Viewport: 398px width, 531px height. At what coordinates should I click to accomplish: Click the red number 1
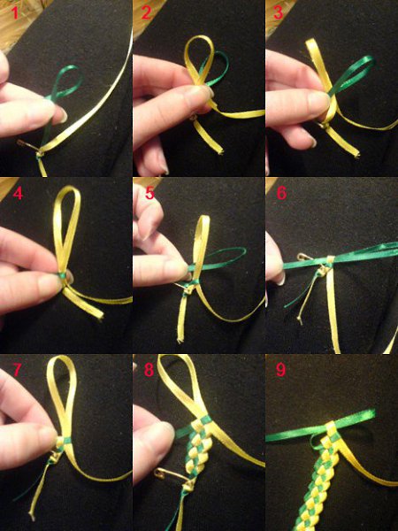click(x=14, y=12)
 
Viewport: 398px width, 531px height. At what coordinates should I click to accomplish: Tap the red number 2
click(x=146, y=13)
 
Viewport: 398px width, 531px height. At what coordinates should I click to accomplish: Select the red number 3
click(x=279, y=12)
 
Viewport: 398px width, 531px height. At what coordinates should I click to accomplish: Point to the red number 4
click(x=18, y=193)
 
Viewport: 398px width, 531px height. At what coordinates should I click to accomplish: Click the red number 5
click(x=149, y=193)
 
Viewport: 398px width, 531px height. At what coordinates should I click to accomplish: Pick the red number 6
click(x=281, y=193)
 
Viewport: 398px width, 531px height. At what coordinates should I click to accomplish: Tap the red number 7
click(x=18, y=370)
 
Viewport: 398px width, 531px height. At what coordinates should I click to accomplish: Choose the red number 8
click(x=149, y=370)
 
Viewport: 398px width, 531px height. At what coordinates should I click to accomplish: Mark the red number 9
click(x=281, y=369)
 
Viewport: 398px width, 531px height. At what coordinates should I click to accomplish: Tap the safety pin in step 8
click(x=171, y=474)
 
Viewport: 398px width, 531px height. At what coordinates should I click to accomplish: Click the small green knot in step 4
click(x=62, y=275)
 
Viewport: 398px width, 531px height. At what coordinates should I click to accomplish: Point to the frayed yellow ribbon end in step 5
click(x=180, y=338)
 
